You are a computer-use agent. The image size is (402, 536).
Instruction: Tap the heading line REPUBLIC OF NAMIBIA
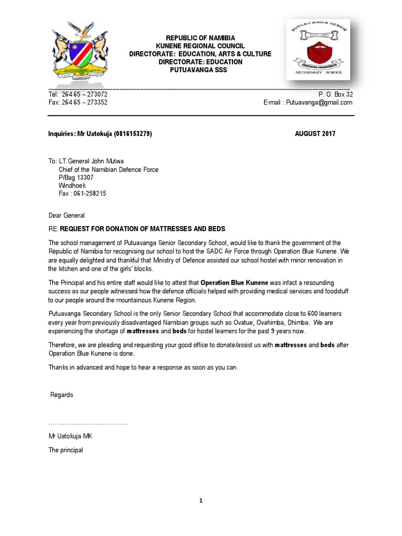click(x=200, y=38)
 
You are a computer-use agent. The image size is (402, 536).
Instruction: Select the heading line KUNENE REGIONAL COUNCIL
click(x=200, y=46)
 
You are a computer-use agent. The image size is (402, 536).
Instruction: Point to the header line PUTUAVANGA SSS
click(x=200, y=70)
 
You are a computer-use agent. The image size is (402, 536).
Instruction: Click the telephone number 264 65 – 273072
click(x=85, y=94)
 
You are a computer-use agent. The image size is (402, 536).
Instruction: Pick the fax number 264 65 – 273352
click(x=85, y=103)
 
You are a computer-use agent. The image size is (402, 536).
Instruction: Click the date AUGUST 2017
click(x=315, y=133)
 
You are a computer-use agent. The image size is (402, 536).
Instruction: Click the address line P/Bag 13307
click(x=76, y=177)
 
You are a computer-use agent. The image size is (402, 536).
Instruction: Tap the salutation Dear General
click(x=66, y=215)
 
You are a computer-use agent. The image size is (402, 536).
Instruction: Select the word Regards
click(x=62, y=395)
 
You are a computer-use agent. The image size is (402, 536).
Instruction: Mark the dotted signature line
click(x=88, y=423)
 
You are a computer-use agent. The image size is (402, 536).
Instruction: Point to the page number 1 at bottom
click(x=200, y=500)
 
